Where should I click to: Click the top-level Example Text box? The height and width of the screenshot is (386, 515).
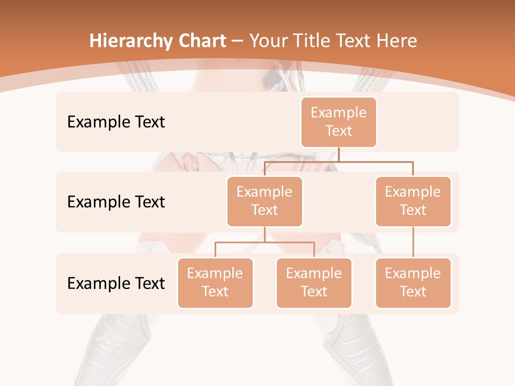coord(339,122)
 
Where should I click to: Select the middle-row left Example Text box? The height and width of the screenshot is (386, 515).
coord(264,201)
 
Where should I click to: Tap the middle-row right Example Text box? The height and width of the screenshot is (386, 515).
coord(413,201)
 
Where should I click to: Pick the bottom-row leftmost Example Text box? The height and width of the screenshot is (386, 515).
coord(215,283)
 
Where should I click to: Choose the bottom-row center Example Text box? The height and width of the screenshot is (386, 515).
coord(314,283)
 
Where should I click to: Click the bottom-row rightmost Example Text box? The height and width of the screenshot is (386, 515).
coord(413,283)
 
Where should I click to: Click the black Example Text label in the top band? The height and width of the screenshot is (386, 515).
coord(116,122)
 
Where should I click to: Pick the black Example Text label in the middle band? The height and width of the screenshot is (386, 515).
coord(116,202)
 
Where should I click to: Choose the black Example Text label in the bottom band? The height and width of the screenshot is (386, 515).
coord(116,284)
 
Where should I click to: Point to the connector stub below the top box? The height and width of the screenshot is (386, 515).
coord(339,154)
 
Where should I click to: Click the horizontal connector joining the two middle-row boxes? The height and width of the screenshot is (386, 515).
coord(339,161)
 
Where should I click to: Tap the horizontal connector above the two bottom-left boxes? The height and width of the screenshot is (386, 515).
coord(264,242)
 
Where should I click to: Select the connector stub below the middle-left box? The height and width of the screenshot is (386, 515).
coord(264,234)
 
